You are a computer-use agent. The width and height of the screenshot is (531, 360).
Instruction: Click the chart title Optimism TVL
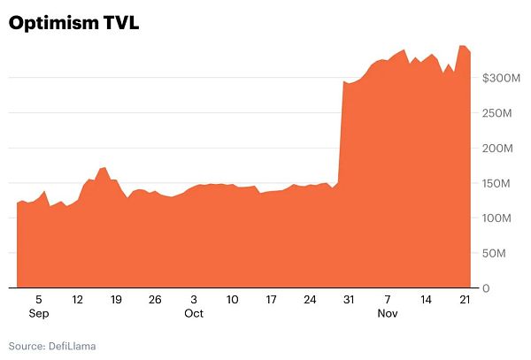(73, 24)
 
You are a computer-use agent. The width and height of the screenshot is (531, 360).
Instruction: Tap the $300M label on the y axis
(501, 79)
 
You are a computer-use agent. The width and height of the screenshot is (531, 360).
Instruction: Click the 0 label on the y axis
(486, 288)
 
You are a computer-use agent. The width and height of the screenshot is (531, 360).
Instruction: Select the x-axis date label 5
(39, 300)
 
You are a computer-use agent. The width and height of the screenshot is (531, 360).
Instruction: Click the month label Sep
(39, 313)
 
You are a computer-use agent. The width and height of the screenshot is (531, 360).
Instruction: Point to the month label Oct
(194, 313)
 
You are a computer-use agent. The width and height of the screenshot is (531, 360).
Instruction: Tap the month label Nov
(387, 313)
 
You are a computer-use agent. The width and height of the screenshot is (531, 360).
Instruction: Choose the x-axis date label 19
(116, 300)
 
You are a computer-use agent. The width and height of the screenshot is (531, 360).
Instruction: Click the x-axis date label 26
(155, 300)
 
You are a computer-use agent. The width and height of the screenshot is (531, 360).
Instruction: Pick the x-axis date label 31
(348, 300)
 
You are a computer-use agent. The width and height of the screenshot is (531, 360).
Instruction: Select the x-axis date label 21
(464, 300)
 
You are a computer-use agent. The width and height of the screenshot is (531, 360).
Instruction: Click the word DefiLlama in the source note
(72, 345)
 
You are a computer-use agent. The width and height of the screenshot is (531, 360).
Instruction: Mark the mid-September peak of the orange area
(104, 167)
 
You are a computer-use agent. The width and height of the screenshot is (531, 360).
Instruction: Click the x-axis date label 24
(310, 300)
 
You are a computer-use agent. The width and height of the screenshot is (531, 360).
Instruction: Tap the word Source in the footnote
(26, 345)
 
